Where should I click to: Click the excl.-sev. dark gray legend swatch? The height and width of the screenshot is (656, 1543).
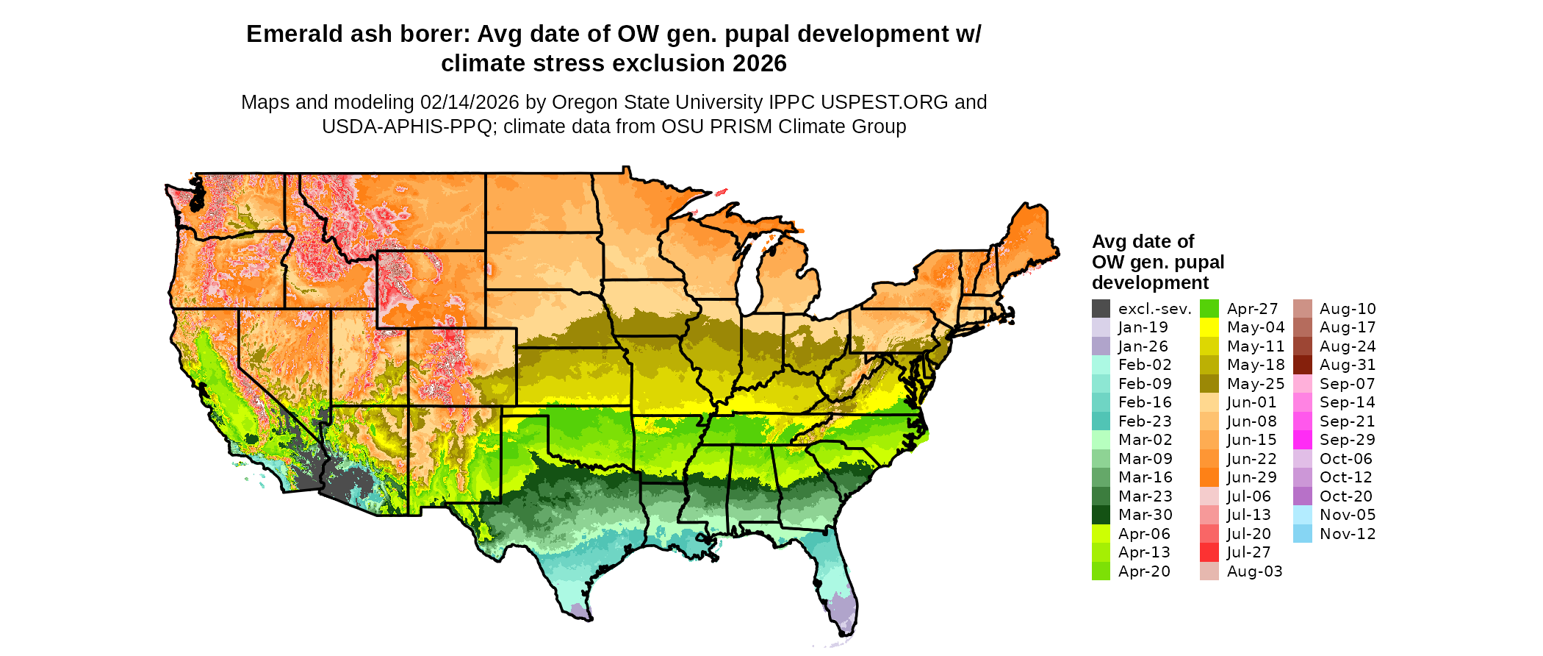tap(1101, 309)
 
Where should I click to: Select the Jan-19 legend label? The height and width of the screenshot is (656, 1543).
tap(1143, 327)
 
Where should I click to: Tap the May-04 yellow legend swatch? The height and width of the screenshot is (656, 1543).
tap(1209, 327)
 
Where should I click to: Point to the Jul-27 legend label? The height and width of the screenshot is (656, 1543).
tap(1248, 552)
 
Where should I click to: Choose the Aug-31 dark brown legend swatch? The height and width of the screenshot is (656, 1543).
tap(1302, 365)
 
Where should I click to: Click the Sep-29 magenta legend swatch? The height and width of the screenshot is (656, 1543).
tap(1302, 440)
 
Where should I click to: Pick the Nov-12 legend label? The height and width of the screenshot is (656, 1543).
tap(1347, 534)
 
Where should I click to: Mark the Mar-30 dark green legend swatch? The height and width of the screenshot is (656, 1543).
tap(1101, 515)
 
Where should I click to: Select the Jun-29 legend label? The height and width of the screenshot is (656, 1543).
tap(1251, 477)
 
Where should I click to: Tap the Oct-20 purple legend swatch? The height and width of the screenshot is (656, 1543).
tap(1302, 496)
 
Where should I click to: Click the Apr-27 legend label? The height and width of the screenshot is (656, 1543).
tap(1252, 309)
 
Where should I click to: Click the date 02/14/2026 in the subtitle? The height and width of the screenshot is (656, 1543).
tap(469, 102)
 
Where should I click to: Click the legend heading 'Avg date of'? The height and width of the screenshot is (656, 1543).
tap(1143, 242)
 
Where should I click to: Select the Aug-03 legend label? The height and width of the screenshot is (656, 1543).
tap(1254, 571)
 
